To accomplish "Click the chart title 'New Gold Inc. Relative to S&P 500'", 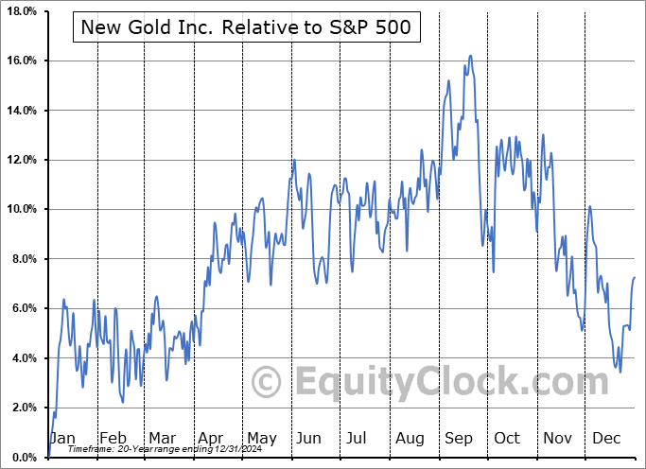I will point(246,26).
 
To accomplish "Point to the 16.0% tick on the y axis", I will point(22,61).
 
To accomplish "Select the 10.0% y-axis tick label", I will point(22,209).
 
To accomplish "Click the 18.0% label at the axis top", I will point(22,11).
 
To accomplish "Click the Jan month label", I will point(62,439).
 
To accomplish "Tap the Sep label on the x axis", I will point(459,439).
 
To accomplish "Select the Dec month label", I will point(607,439).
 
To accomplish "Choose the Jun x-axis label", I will point(309,439).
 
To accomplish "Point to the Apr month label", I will point(210,439).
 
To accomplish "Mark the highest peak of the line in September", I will point(470,56).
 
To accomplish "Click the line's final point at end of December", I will point(635,277).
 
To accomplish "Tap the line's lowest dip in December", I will point(620,372).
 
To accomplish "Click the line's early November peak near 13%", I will point(543,134).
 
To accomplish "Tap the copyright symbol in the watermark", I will point(268,382).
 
